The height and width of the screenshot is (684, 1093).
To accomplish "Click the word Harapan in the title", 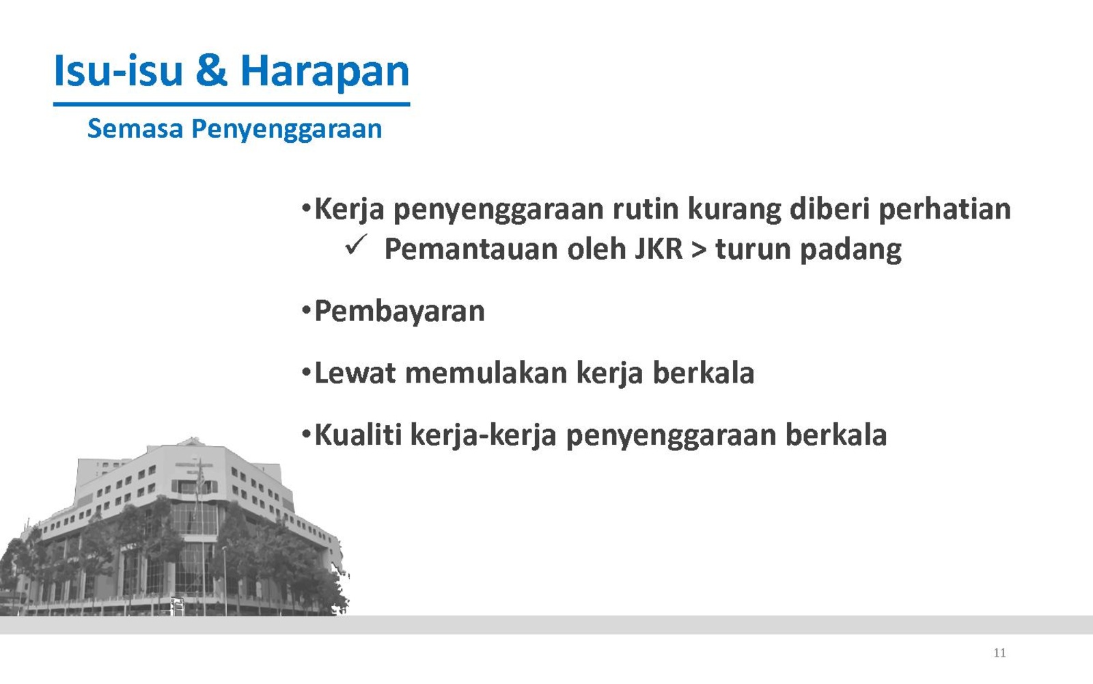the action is click(x=324, y=72).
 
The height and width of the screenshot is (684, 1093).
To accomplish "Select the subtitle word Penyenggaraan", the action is click(x=286, y=130).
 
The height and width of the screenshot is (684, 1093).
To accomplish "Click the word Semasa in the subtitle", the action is click(x=135, y=128).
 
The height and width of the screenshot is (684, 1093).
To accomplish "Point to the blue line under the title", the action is click(x=232, y=104).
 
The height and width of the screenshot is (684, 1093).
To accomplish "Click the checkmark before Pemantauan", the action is click(x=356, y=245).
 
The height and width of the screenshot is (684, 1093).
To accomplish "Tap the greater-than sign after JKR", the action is click(x=700, y=249).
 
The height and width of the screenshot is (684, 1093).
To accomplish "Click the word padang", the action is click(x=851, y=250).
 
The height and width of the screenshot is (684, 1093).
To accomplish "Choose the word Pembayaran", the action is click(x=400, y=312).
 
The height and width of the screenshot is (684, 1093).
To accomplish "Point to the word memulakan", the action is click(x=486, y=373).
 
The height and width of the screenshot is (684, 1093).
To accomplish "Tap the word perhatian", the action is click(x=945, y=210).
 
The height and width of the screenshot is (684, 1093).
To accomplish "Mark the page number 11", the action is click(x=999, y=653).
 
